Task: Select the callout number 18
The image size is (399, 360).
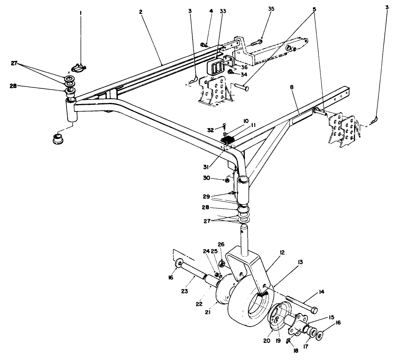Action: (295, 350)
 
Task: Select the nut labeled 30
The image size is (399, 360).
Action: (226, 180)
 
